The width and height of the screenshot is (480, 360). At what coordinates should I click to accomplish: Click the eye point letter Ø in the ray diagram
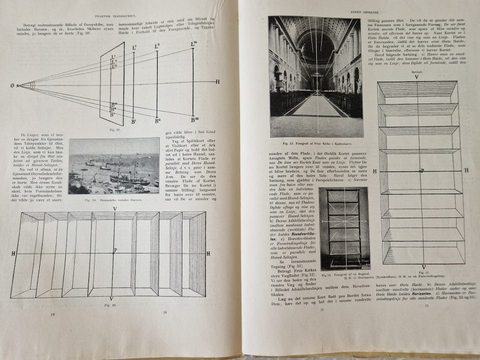coord(11,85)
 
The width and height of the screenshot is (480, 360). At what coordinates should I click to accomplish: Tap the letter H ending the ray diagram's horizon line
coord(217,81)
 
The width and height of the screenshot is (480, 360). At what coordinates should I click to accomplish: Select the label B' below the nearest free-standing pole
coord(133,121)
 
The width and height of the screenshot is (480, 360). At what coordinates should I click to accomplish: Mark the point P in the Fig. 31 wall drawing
coord(115,250)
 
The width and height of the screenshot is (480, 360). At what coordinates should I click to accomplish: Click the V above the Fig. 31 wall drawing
coord(115,208)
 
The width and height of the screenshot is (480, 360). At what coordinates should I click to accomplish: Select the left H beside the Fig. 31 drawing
coord(13,254)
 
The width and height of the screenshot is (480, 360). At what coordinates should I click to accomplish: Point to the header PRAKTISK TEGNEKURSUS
coord(115,9)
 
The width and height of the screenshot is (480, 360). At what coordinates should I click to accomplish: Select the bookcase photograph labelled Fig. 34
coord(345,227)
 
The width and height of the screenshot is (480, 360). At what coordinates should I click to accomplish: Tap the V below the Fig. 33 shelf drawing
coord(423,267)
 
